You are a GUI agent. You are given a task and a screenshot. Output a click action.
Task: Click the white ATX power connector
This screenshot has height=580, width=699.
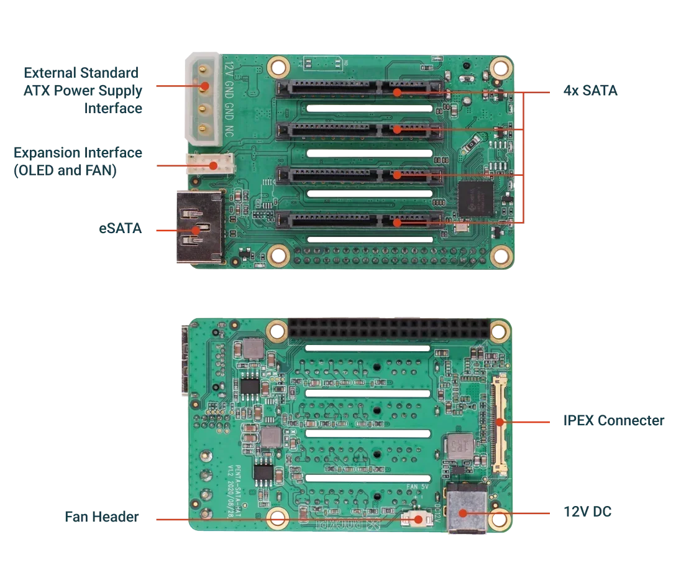click(201, 98)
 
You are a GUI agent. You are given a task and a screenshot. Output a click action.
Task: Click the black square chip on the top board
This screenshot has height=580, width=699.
click(475, 200)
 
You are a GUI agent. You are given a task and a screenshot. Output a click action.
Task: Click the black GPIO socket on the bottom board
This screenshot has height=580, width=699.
click(388, 329)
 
